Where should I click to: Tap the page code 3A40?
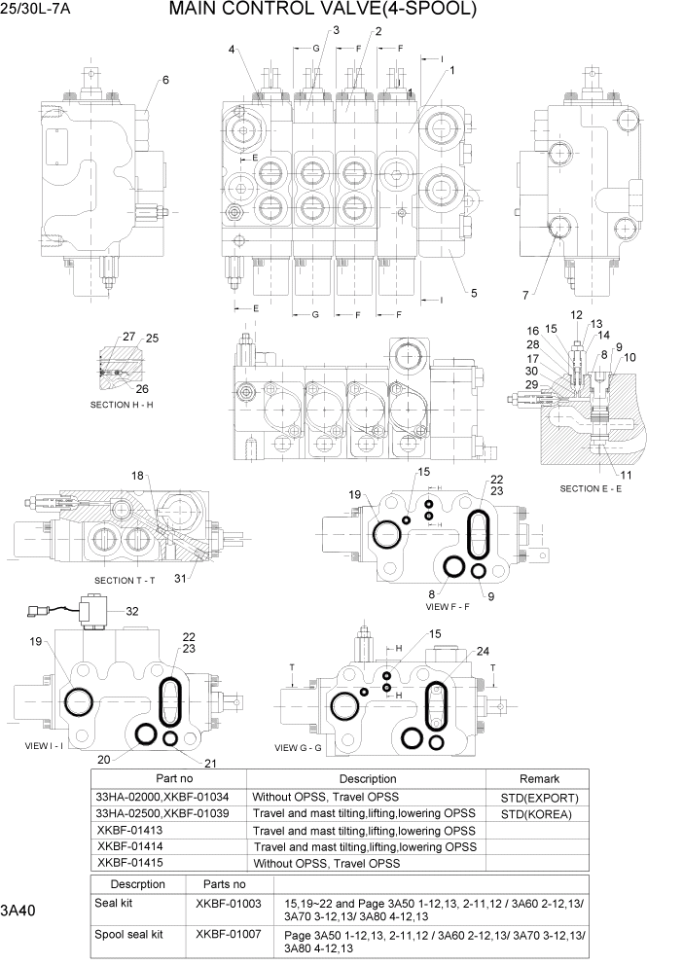[19, 911]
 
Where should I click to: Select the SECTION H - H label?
[122, 404]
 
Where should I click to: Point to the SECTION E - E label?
[591, 488]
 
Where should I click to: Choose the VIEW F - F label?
[448, 605]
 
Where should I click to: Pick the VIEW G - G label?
[305, 747]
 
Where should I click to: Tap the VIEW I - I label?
[44, 744]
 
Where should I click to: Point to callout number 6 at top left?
[165, 80]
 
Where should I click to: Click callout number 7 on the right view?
[524, 295]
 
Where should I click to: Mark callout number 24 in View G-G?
[483, 652]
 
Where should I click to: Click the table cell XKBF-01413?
[129, 830]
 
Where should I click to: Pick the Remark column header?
[539, 778]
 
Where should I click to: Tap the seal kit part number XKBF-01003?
[228, 904]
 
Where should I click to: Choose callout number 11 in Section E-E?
[625, 475]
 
